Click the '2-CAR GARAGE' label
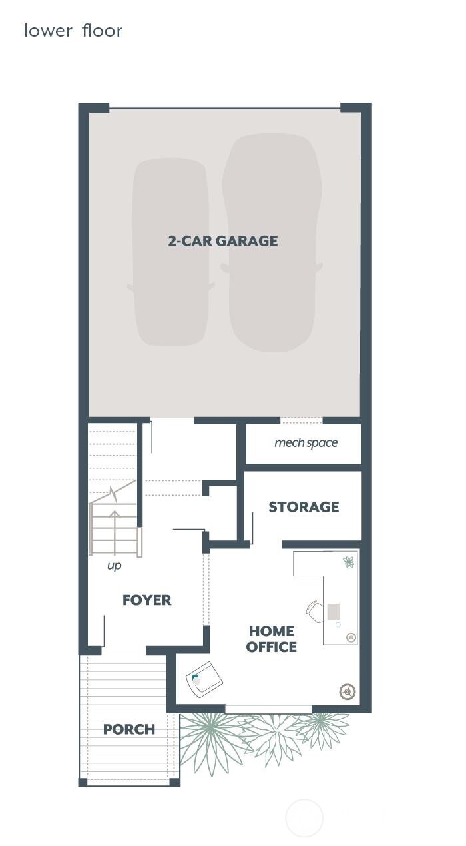[x=223, y=241]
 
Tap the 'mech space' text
[x=306, y=442]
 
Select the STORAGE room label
[x=304, y=506]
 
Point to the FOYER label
[x=146, y=600]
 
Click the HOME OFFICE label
[x=272, y=639]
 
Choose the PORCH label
[x=129, y=729]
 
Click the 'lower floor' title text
[x=73, y=31]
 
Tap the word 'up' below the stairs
[x=115, y=566]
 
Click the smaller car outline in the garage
[x=170, y=252]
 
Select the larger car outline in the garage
[x=272, y=242]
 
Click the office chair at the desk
[x=315, y=612]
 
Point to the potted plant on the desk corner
[x=349, y=562]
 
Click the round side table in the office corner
[x=348, y=692]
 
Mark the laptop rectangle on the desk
[x=333, y=612]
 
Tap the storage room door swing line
[x=252, y=528]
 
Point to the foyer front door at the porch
[x=104, y=631]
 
